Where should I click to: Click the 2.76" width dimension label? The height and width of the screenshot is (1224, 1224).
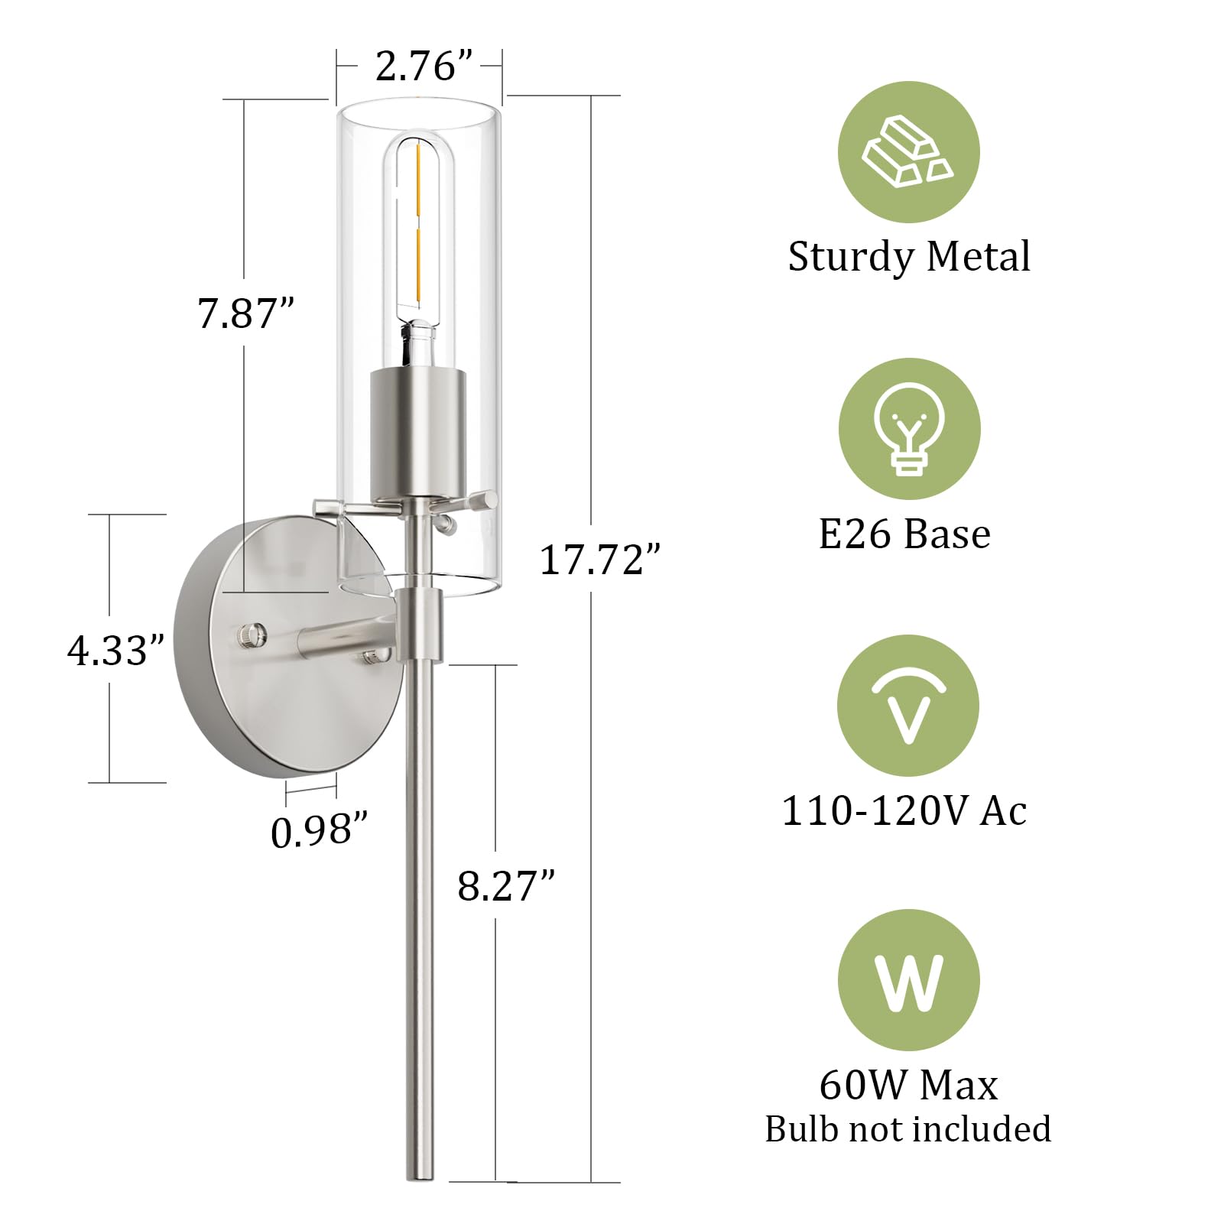tap(415, 67)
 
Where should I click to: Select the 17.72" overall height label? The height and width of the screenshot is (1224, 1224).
tap(599, 560)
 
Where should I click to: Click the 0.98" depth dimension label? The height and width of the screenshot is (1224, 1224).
tap(320, 831)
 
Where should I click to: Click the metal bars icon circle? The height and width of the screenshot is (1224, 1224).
tap(908, 153)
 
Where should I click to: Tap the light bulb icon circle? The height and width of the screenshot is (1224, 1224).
tap(908, 429)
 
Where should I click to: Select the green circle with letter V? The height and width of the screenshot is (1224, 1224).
tap(908, 706)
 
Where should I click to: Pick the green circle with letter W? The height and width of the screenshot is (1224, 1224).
tap(908, 980)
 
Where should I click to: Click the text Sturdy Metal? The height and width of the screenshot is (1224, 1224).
tap(908, 256)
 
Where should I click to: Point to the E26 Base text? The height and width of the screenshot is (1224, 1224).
tap(904, 534)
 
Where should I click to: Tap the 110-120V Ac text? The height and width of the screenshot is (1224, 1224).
tap(904, 810)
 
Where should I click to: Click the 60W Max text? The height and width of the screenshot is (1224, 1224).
tap(908, 1085)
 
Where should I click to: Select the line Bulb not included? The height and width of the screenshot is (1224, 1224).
tap(908, 1129)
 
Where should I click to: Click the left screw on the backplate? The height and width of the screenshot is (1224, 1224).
tap(252, 634)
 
